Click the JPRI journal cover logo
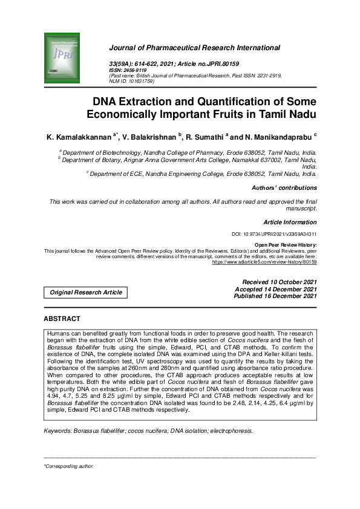coord(62,59)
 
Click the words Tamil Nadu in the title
coord(288,113)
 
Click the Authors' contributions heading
coord(284,188)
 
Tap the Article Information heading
coord(290,222)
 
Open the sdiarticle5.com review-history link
coord(264,262)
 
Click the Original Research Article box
coord(86,293)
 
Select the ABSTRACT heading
coord(62,319)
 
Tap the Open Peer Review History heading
coord(286,245)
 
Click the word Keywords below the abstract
coord(57,431)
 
